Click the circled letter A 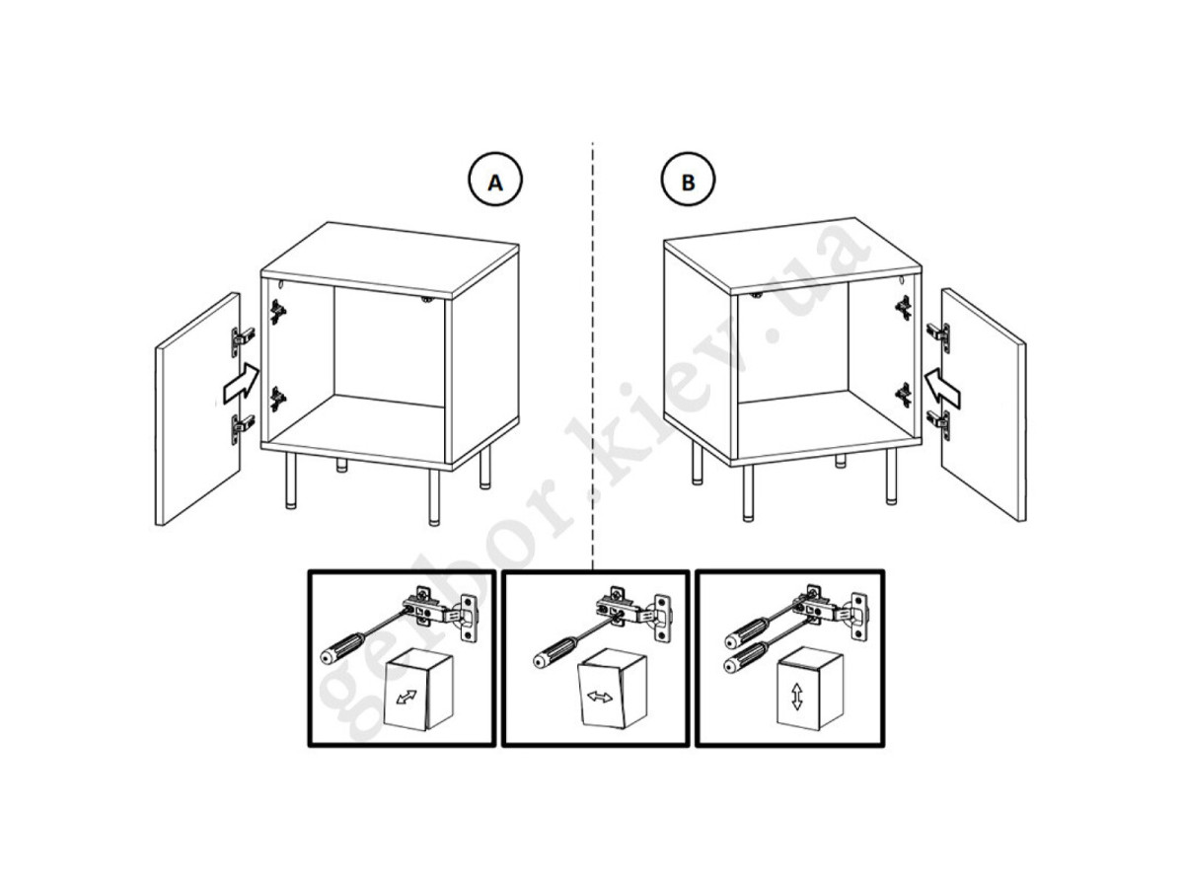[494, 180]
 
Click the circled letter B [687, 180]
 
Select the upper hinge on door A [243, 340]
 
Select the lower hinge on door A [243, 428]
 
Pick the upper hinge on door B [939, 338]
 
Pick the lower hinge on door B [939, 425]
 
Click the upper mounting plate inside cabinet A [278, 312]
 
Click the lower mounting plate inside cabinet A [278, 399]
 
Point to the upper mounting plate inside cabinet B [903, 308]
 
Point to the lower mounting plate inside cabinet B [903, 395]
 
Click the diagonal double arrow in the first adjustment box [407, 697]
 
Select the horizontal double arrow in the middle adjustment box [600, 698]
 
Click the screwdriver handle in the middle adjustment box [555, 651]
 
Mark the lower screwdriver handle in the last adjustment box [746, 657]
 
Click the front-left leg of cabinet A [290, 481]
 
